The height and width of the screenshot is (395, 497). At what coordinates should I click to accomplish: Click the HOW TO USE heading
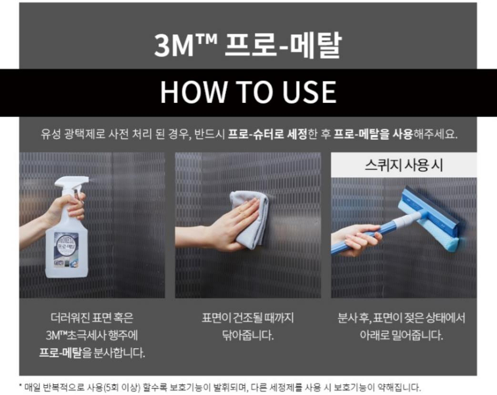(248, 92)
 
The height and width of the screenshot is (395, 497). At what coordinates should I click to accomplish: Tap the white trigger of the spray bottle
(71, 183)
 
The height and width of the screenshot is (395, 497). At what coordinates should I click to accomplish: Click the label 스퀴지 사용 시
(404, 165)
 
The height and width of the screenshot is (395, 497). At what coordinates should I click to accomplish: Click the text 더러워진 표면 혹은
(92, 317)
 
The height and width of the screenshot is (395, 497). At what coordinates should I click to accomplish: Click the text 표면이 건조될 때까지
(248, 317)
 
